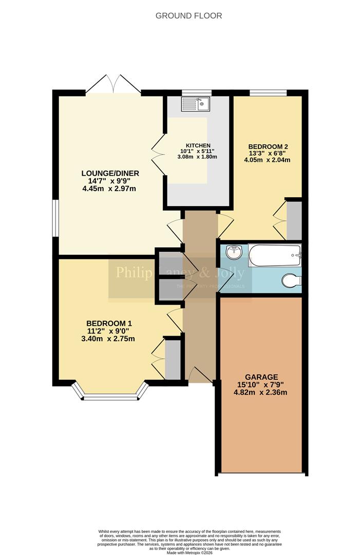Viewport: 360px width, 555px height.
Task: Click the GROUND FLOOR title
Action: pos(188,16)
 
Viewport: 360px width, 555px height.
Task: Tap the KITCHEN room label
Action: pos(198,145)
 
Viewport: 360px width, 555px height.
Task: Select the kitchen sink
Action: pos(195,105)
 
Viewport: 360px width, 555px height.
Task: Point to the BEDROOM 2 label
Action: pos(267,145)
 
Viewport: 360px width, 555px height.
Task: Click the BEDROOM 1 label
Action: pos(109,323)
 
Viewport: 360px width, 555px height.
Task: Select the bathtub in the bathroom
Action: pos(274,255)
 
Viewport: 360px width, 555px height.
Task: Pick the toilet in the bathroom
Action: pos(292,281)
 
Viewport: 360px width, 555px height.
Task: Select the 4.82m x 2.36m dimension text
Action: pos(262,393)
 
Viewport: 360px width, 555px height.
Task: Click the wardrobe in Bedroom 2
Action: pos(294,220)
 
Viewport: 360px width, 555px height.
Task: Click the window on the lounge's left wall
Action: pos(55,218)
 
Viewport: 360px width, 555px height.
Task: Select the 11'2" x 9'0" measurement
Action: pos(108,331)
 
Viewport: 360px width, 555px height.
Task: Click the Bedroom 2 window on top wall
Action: pos(268,93)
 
